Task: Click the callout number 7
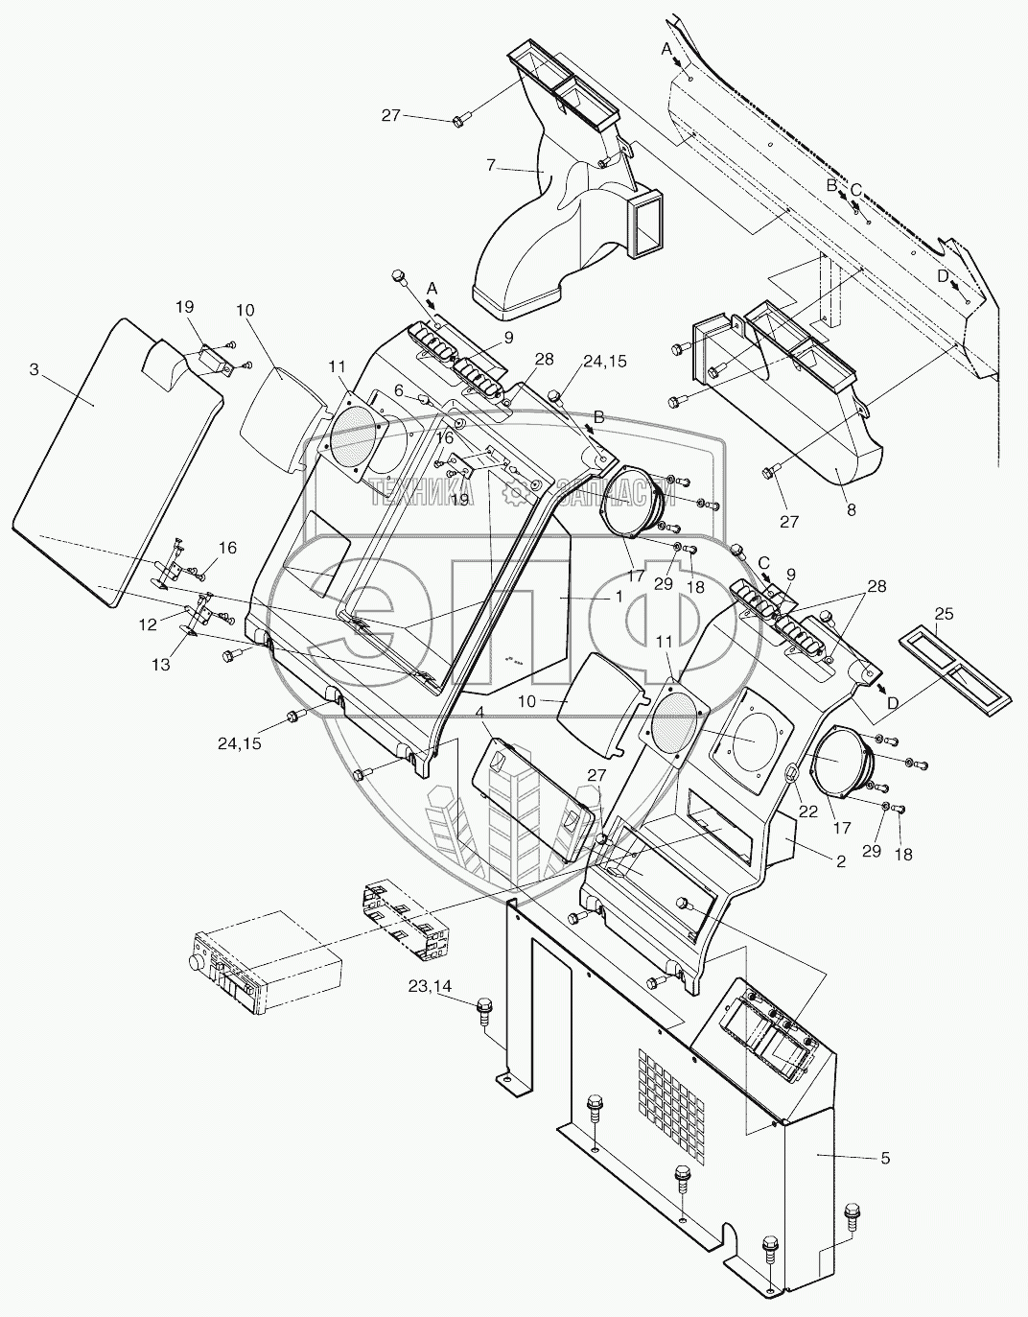coord(490,166)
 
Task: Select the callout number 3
coord(34,370)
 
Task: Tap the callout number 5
coord(884,1158)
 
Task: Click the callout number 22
coord(807,811)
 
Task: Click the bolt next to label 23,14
coord(483,1009)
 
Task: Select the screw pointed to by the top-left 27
coord(460,120)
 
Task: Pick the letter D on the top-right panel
coord(943,275)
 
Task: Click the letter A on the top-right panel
coord(666,47)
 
